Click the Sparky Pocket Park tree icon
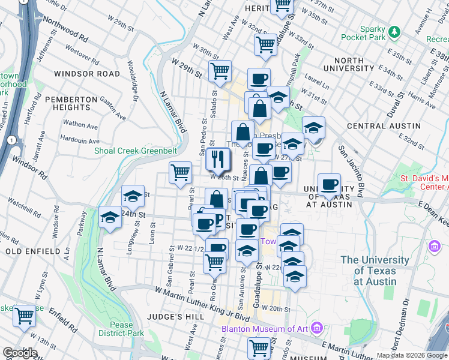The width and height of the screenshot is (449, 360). point(394,30)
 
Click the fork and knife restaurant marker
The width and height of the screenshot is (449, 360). point(218,160)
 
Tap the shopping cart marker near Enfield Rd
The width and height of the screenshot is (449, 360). point(24,315)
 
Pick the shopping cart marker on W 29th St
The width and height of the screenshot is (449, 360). point(220,71)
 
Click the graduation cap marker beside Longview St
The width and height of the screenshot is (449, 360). point(133,196)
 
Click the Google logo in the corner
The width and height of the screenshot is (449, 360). point(20,353)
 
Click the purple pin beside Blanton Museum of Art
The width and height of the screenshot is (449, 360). point(317,328)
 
